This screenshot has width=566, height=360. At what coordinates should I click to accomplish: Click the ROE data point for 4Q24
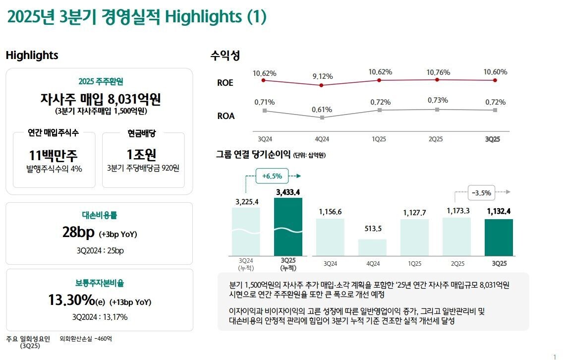[x=322, y=85]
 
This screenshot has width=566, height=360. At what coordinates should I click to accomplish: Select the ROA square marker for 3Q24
[x=265, y=111]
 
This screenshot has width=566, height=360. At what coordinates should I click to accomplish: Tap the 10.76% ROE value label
[x=438, y=72]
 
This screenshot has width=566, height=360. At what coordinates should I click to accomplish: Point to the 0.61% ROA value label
[x=322, y=110]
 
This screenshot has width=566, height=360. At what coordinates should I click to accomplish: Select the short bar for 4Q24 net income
[x=372, y=247]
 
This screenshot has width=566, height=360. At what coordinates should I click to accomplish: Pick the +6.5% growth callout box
[x=272, y=176]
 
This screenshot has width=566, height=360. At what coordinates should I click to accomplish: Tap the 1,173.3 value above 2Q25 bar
[x=458, y=211]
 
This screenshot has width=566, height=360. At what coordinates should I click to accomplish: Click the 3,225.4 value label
[x=246, y=201]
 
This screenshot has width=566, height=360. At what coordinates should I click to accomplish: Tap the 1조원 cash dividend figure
[x=142, y=155]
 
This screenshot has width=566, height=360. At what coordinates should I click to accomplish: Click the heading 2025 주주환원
[x=101, y=82]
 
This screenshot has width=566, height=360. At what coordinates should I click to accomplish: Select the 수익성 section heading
[x=225, y=56]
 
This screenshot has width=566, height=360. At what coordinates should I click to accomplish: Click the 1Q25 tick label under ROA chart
[x=379, y=139]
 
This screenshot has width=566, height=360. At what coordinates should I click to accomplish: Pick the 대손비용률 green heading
[x=99, y=215]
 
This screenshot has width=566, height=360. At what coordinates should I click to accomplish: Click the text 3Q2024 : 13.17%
[x=100, y=317]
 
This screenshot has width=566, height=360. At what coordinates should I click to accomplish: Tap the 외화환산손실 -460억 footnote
[x=86, y=339]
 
